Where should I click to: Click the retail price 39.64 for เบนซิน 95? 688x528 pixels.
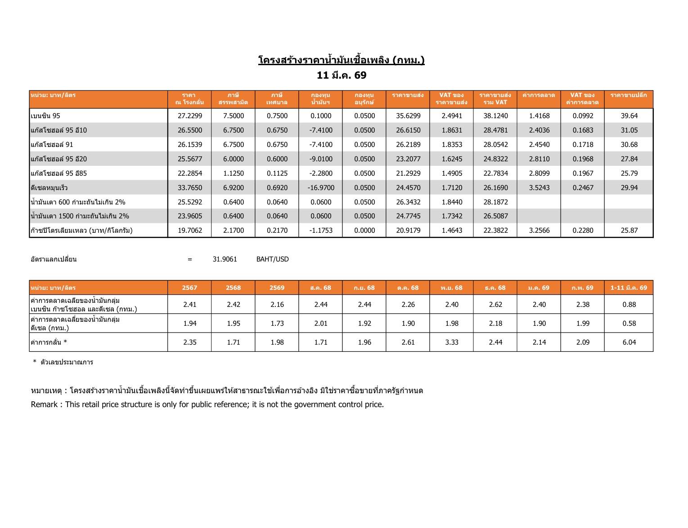tap(629, 116)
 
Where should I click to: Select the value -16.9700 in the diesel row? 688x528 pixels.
tap(321, 188)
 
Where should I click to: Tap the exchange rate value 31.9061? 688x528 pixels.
tap(225, 259)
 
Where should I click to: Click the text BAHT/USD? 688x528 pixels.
tap(272, 259)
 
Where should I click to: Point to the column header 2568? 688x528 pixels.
tap(233, 288)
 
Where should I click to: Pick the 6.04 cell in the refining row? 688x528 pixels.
tap(629, 342)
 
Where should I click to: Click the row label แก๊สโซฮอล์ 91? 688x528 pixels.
tap(52, 145)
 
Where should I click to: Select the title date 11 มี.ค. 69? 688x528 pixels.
tap(342, 75)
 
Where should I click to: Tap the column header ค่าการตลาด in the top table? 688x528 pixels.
tap(539, 96)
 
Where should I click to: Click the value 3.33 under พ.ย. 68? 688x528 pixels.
tap(452, 342)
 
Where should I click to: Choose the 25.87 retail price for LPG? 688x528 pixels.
tap(629, 231)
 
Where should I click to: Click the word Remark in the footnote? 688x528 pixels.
tap(44, 404)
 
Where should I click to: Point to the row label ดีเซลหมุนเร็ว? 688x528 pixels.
tap(49, 188)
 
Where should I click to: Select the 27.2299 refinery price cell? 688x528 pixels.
tap(190, 116)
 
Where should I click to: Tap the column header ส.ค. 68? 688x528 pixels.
tap(320, 288)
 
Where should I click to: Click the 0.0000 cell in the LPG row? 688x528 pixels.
tap(364, 231)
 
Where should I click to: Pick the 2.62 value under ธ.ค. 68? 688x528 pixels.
tap(495, 305)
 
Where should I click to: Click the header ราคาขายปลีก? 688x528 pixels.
tap(629, 96)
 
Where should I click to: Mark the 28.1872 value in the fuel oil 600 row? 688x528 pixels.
tap(495, 202)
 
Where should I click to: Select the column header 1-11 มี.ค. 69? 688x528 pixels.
tap(629, 288)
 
